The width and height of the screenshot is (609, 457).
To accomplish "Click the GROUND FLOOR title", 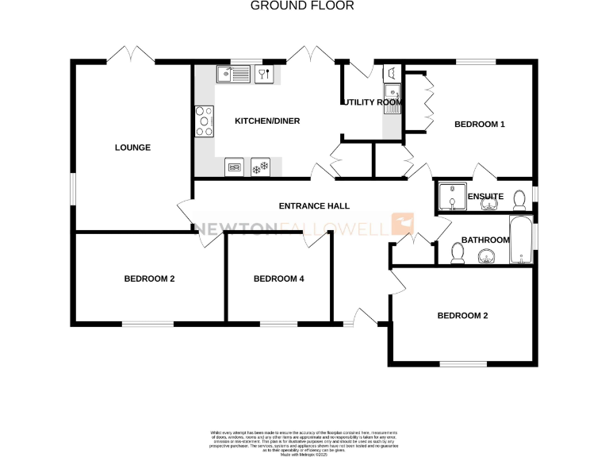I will point(302,6).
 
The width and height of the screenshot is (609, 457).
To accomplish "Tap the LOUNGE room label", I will point(132,148).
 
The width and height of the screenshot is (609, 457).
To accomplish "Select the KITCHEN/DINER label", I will point(266,121).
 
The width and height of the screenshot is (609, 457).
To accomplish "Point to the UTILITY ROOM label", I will point(371,102).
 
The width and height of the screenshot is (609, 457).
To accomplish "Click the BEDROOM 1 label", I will point(479,125).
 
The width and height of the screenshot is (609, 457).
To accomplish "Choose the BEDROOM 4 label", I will point(278,278).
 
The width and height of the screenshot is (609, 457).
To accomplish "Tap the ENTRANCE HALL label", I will point(314,206).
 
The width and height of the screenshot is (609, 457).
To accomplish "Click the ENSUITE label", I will point(485,197).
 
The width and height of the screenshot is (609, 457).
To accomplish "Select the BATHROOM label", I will point(485,240).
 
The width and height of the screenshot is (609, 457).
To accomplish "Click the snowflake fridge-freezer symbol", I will point(259,167).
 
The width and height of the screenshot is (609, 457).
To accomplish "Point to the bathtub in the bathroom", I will point(519,240).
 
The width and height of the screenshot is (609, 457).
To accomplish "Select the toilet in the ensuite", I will point(519,198).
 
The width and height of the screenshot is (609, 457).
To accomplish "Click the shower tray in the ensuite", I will point(450,195).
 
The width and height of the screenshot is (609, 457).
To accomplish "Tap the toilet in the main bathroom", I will point(457,252).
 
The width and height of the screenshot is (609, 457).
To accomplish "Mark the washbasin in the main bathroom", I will point(486,256).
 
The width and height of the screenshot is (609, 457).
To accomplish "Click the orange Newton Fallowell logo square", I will point(404,224).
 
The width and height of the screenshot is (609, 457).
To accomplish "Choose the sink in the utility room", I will point(393,75).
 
